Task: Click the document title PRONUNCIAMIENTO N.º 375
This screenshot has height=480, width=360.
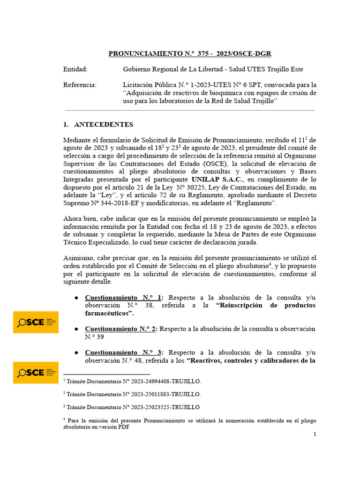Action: pos(190,53)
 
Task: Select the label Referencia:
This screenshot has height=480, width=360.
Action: pos(80,85)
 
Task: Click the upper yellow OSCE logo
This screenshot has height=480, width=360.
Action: pos(36,322)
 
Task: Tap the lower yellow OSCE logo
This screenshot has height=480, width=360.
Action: pos(36,373)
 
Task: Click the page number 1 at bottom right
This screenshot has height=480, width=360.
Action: pos(315,434)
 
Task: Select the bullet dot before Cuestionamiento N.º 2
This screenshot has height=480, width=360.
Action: pos(76,329)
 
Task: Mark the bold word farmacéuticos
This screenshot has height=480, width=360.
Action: pos(109,314)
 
